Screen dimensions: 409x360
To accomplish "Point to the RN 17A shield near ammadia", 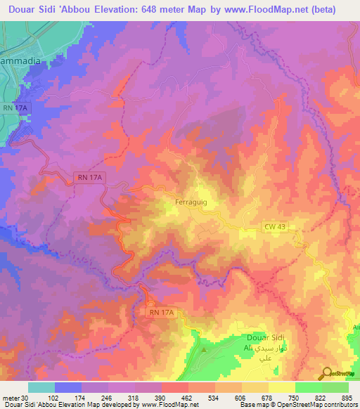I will [14, 108].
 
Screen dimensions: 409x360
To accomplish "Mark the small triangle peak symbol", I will [205, 349].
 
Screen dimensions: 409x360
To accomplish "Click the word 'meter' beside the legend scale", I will [10, 397].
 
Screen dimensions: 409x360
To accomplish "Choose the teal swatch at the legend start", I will [41, 387].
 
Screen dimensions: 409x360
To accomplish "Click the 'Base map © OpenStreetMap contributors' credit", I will [299, 405].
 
